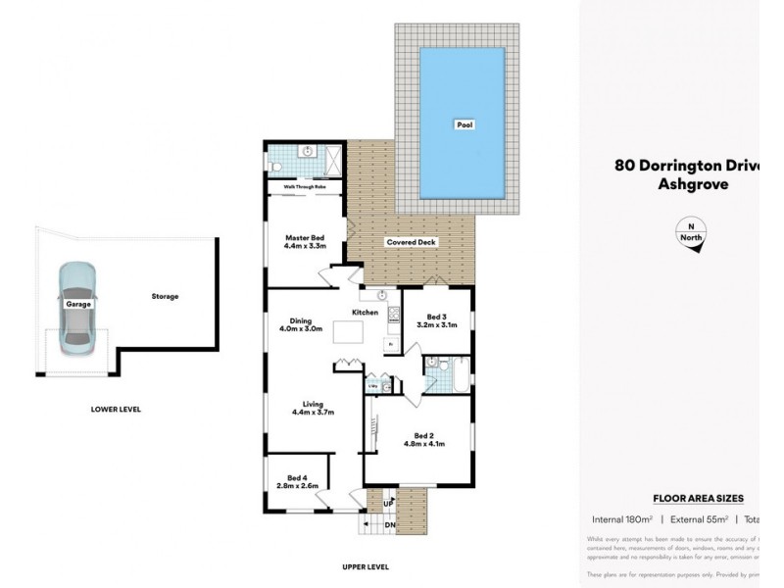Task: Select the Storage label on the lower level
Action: coord(165,296)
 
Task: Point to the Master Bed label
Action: coord(304,236)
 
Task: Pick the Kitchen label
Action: coord(366,312)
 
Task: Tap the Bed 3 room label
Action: coord(436,318)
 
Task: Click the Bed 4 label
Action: coord(296,477)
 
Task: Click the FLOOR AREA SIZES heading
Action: coord(698,498)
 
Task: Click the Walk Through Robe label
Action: coord(305,185)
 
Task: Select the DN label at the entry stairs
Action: coord(389,525)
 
